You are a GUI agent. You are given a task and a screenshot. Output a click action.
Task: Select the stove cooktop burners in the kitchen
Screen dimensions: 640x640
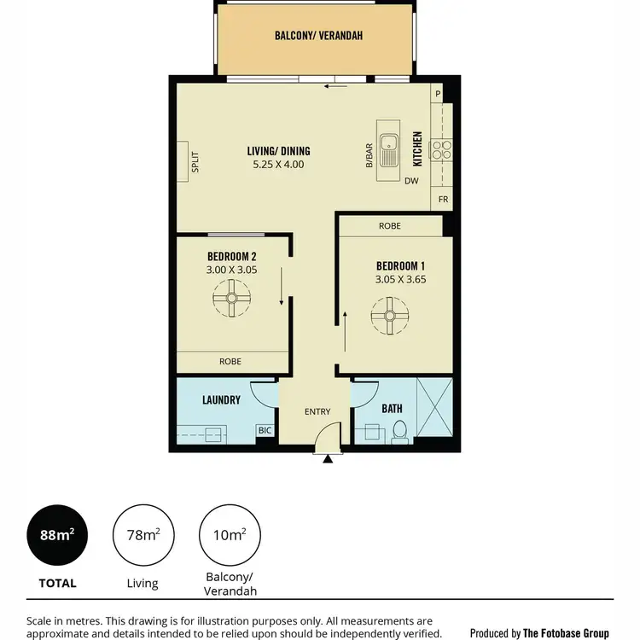(442, 151)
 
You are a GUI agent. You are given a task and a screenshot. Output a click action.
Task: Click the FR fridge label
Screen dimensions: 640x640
(443, 200)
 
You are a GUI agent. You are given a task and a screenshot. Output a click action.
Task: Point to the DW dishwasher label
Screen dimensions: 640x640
(411, 181)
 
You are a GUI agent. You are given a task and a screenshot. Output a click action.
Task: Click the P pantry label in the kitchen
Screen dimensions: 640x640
(437, 93)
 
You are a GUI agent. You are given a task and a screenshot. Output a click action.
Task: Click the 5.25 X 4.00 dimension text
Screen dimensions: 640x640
(278, 165)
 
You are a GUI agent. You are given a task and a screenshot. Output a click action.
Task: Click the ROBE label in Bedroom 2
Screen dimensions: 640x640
(230, 362)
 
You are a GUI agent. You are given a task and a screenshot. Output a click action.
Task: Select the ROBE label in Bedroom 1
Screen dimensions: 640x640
(390, 226)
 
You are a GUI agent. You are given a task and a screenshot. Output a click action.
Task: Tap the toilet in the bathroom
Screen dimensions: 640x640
(399, 432)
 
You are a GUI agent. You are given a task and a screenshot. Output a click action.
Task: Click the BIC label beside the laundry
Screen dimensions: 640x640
(265, 432)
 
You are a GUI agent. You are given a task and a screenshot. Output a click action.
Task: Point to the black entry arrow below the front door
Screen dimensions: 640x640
(328, 457)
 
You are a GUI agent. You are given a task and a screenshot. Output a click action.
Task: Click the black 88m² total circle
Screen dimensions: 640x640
(56, 535)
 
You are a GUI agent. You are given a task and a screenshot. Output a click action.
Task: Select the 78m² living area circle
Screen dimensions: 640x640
(142, 535)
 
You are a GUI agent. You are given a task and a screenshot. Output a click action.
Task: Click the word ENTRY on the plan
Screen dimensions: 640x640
(317, 412)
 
